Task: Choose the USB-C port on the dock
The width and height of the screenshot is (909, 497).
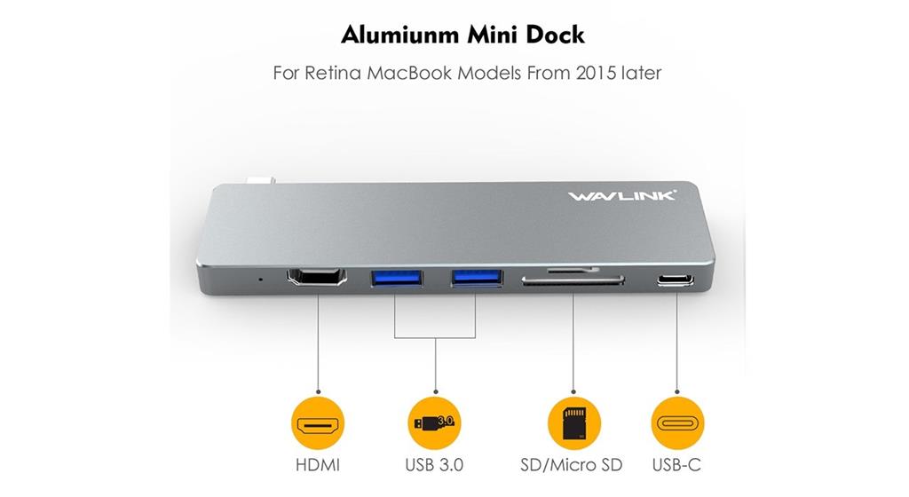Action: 676,281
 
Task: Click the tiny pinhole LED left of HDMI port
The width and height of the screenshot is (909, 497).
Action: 260,279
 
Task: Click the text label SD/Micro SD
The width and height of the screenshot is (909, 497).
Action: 571,465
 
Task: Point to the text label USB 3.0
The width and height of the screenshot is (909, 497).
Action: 434,465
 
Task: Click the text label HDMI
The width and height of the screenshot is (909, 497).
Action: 318,465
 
